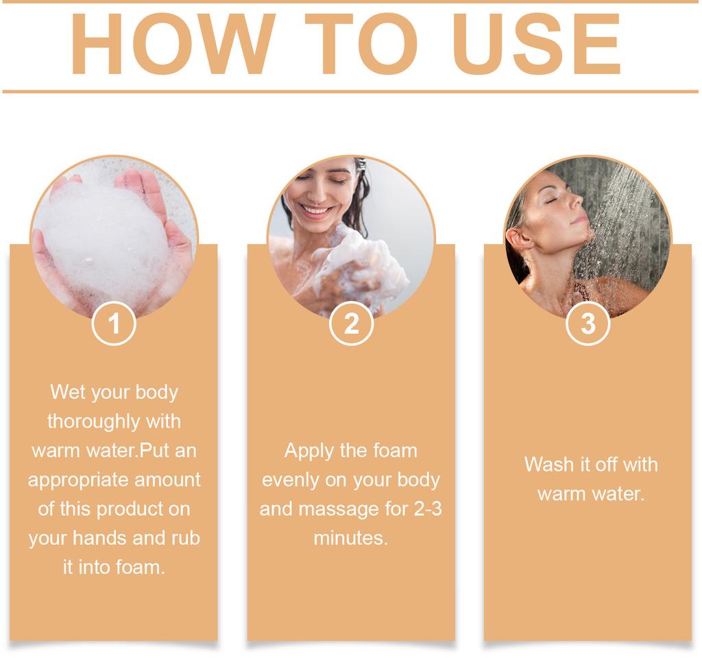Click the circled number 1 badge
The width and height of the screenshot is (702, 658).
(x=114, y=324)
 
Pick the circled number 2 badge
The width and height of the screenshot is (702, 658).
(x=351, y=324)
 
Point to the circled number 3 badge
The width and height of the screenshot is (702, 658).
(x=588, y=324)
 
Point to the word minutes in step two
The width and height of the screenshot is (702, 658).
(x=350, y=538)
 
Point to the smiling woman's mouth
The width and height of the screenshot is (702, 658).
(x=317, y=210)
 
